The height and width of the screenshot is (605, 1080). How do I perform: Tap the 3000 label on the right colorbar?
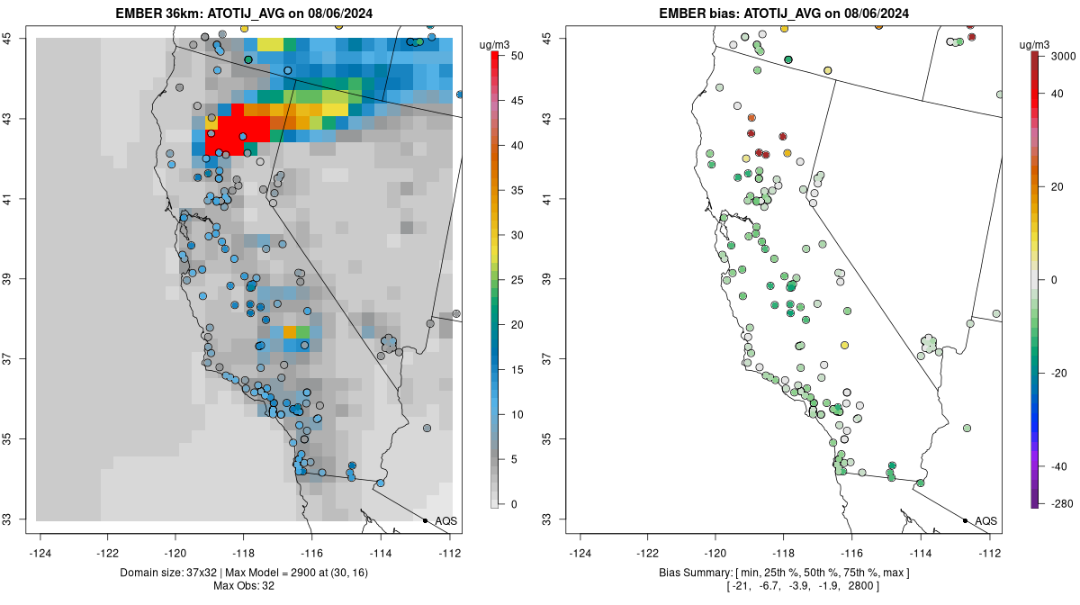(1063, 56)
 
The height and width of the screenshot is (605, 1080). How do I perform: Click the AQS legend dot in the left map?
(425, 520)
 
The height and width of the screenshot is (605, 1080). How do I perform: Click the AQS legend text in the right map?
(985, 520)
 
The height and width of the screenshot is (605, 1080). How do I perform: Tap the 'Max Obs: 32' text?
(244, 586)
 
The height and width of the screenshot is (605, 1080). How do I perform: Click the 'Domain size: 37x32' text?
(168, 573)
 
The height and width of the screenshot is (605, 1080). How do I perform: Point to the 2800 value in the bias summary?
(884, 587)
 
